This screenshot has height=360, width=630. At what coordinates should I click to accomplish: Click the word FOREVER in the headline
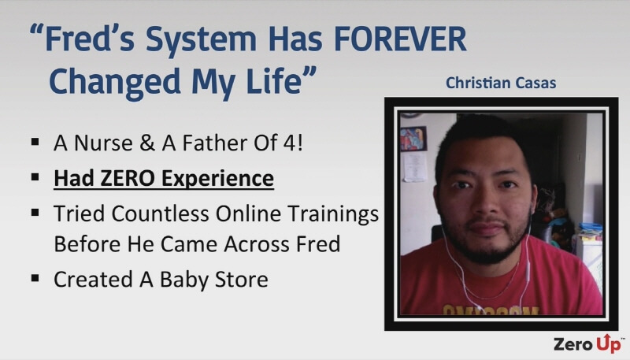coord(400,39)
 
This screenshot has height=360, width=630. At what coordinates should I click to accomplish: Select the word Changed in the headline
coord(114,83)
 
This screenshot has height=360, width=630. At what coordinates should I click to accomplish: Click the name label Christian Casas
coord(501,83)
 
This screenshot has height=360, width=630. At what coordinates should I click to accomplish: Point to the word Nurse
coord(103,143)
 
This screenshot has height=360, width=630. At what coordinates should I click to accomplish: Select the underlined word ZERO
coord(128,178)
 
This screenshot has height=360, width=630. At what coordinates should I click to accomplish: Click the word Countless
coord(160,213)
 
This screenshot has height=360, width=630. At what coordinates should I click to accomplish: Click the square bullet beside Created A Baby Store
coord(35,277)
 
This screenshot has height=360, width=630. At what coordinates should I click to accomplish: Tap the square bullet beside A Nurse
coord(35,142)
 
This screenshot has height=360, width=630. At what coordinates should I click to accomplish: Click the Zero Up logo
coord(588,343)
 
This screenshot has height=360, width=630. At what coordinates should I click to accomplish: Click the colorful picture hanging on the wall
coord(413,139)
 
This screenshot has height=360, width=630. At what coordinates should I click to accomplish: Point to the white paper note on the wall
coord(415,167)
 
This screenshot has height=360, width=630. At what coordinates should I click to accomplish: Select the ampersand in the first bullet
coord(147,143)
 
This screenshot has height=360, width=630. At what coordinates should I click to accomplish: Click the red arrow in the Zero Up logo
coord(606,337)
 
